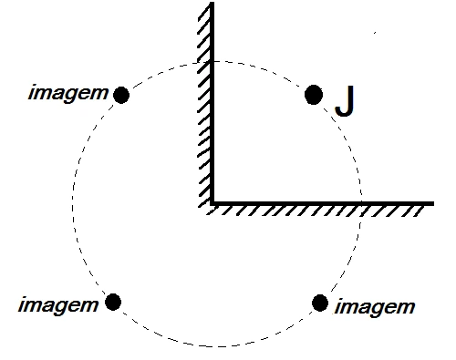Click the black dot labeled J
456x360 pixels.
coord(314,95)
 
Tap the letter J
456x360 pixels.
coord(345,101)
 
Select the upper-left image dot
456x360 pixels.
coord(121,95)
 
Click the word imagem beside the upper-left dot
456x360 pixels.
coord(68,94)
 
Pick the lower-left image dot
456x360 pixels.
coord(113,302)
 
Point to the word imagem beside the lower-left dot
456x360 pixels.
coord(58,306)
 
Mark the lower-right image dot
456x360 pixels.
coord(320,303)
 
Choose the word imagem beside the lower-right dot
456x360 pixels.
coord(375,308)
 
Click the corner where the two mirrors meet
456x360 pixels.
coord(212,203)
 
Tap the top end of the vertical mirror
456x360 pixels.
coord(212,3)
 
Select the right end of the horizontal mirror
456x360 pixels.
coord(433,203)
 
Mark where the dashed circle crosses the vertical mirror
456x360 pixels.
coord(212,62)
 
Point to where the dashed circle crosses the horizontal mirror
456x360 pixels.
coord(361,203)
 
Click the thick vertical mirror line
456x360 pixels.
coord(212,103)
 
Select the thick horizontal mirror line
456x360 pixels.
coord(322,203)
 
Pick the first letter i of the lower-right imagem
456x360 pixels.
coord(337,307)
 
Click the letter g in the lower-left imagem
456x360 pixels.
coord(63,307)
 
